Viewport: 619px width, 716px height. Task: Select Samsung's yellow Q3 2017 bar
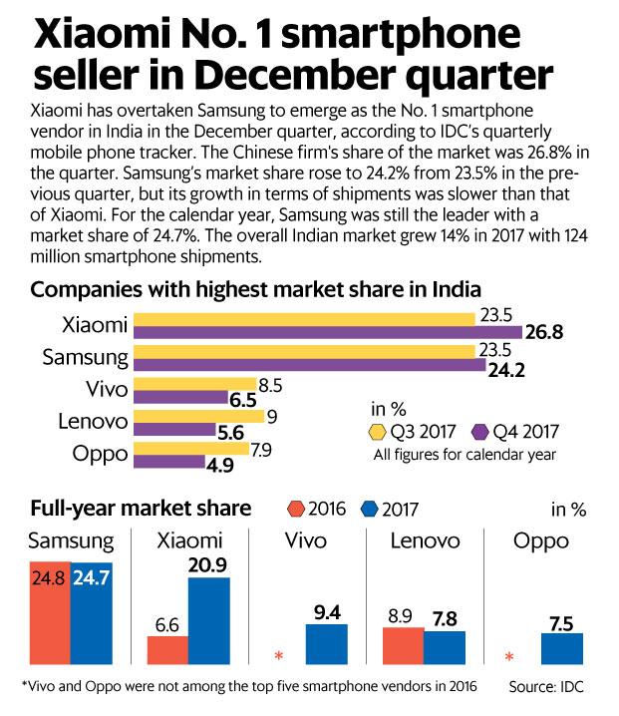click(304, 351)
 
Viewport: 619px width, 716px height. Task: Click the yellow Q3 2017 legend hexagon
click(378, 432)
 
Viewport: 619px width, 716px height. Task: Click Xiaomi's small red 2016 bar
click(167, 650)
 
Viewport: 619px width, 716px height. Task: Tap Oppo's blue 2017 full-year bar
click(562, 649)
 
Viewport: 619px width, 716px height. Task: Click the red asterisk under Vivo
click(280, 656)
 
